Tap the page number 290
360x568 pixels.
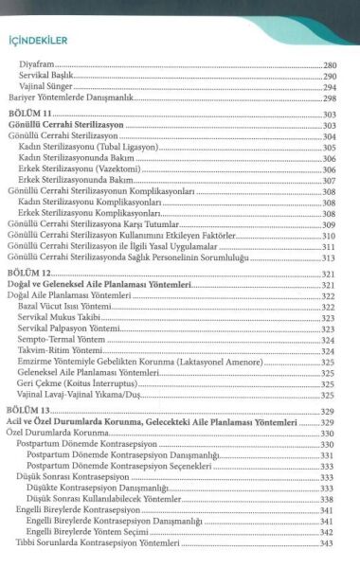(331, 76)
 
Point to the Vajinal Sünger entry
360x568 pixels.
(45, 87)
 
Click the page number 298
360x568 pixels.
(331, 98)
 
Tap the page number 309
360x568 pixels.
(329, 224)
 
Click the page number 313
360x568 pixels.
(329, 257)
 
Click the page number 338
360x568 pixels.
(329, 499)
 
